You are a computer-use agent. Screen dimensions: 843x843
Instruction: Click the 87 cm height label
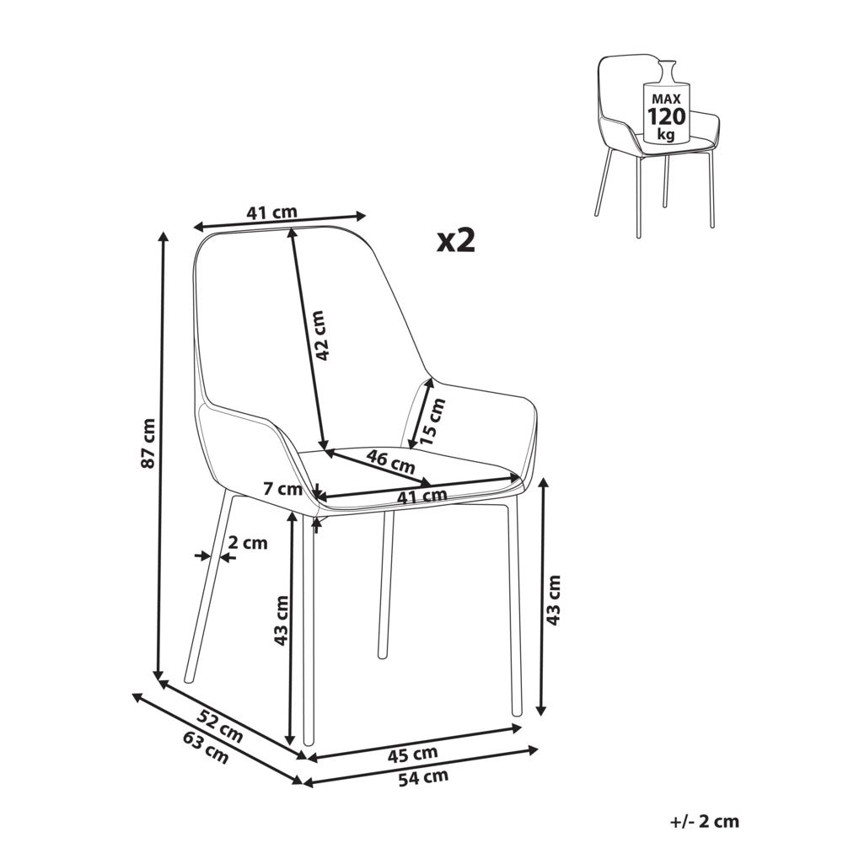coord(149,443)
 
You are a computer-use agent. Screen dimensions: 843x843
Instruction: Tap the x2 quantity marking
coord(456,240)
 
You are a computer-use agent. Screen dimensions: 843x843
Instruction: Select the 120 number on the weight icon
coord(666,116)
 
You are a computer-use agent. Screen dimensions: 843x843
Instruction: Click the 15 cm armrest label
coord(432,421)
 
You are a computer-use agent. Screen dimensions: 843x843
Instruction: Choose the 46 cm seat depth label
coord(391,461)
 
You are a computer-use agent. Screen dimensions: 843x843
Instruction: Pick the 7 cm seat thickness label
coord(282,489)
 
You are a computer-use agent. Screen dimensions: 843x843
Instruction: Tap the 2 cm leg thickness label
coord(247,543)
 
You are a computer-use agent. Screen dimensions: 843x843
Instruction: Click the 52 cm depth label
coord(220,726)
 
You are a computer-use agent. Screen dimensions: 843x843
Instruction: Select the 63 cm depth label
coord(206,747)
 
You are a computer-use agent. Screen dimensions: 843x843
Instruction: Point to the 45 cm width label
coord(413,754)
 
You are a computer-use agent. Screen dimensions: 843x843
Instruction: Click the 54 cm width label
coord(423,777)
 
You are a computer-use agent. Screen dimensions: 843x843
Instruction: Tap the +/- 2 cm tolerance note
coord(705,821)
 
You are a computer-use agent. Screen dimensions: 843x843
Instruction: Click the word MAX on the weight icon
coord(666,99)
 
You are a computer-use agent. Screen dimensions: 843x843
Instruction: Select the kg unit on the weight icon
coord(666,134)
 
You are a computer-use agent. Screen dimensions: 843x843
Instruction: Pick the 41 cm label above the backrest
coord(272,213)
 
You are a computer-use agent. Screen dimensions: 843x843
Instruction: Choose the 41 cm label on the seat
coord(422,496)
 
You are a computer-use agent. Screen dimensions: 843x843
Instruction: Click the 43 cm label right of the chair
coord(553,599)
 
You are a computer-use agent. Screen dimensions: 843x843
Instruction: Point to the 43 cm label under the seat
coord(282,620)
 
